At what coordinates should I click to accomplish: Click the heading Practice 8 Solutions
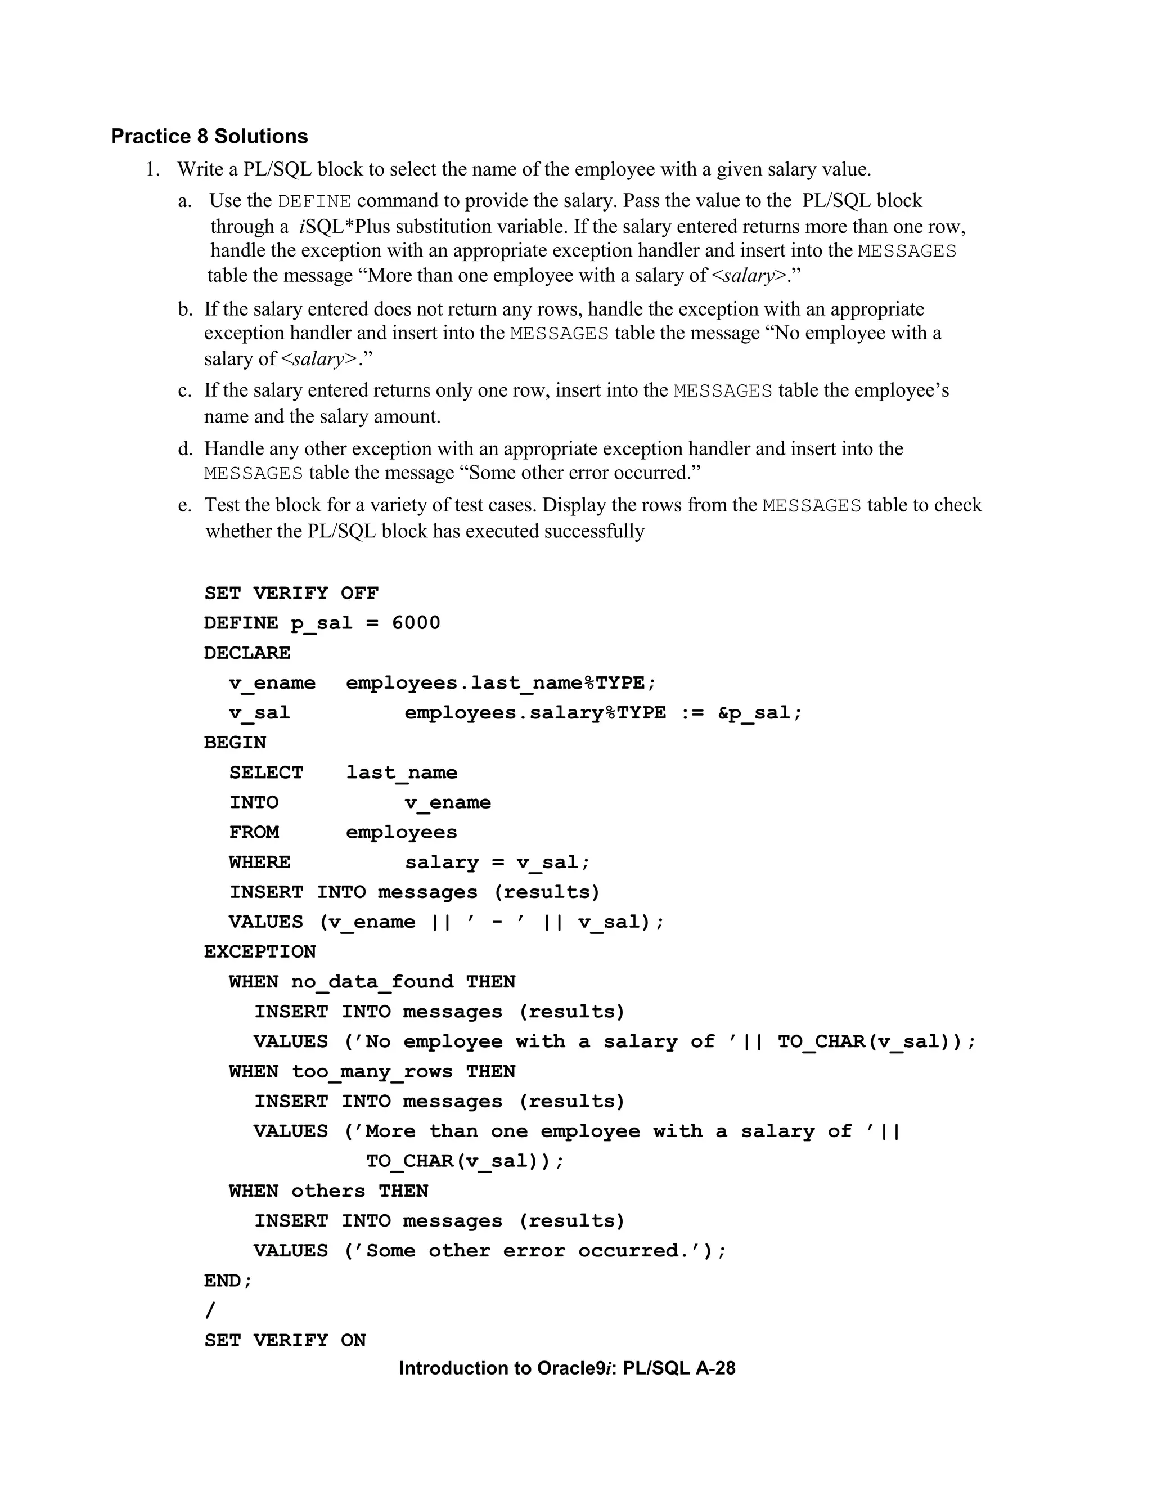pos(209,137)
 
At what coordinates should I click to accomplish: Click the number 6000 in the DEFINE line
pos(416,623)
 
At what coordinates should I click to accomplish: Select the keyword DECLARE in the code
pos(247,653)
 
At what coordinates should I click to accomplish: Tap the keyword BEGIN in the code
pos(235,742)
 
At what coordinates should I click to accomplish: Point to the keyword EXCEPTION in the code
pos(260,951)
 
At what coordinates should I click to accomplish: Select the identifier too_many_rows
pos(372,1071)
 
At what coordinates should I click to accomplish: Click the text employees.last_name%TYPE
pos(500,682)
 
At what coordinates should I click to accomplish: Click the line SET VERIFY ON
pos(285,1340)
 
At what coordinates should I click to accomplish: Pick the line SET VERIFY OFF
pos(291,592)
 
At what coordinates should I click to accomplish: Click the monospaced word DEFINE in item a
pos(314,201)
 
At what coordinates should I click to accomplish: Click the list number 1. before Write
pos(153,169)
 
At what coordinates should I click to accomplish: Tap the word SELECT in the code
pos(266,772)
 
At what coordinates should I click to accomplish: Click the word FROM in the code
pos(254,832)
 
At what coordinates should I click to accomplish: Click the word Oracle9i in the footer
pos(577,1368)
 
